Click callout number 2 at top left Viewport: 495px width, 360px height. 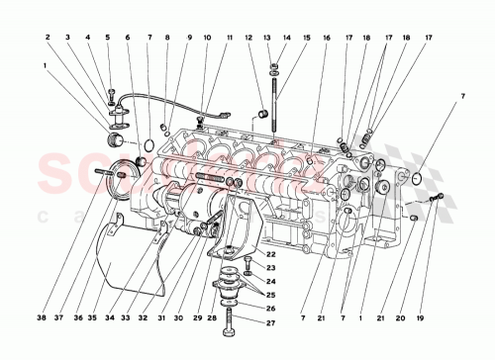click(x=47, y=38)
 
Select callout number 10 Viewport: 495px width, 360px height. click(x=207, y=38)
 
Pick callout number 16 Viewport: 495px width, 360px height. click(x=326, y=38)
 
